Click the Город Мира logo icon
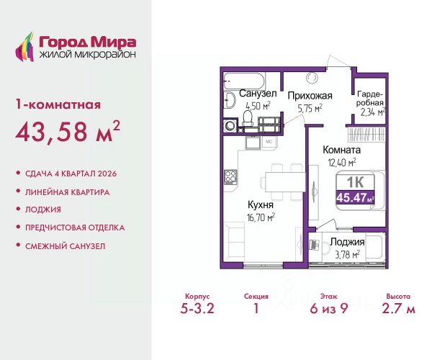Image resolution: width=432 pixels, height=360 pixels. [24, 47]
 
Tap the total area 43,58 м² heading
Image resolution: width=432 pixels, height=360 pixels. [68, 131]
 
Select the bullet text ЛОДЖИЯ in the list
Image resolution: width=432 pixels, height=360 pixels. [43, 210]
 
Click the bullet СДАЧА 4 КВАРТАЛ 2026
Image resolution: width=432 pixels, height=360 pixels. [71, 174]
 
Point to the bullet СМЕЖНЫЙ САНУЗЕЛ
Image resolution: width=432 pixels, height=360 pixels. [66, 246]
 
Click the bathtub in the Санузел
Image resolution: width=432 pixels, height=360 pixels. [244, 81]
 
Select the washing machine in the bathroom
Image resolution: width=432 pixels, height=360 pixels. [230, 125]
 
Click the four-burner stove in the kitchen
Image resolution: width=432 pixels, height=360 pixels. [230, 177]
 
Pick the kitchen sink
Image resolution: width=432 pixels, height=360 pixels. [253, 143]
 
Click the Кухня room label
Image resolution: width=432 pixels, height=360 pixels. [261, 204]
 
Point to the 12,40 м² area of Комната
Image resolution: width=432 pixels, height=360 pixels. [342, 162]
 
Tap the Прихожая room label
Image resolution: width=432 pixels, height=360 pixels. [310, 96]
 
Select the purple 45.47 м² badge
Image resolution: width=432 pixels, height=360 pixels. [355, 197]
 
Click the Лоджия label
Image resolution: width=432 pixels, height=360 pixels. [347, 242]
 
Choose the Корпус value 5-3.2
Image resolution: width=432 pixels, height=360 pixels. [197, 308]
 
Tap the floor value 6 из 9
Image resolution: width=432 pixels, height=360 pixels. [329, 308]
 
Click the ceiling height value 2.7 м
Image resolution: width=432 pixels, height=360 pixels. [398, 308]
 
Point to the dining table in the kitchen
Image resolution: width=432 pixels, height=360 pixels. [285, 181]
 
